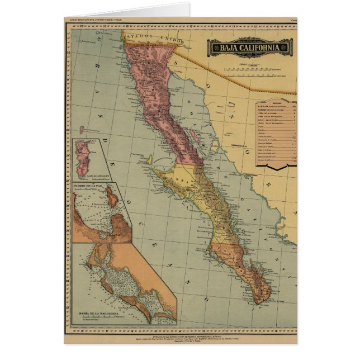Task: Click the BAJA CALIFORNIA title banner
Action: pos(250,47)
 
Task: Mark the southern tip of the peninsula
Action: pos(258,302)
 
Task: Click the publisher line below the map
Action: pos(180,331)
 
